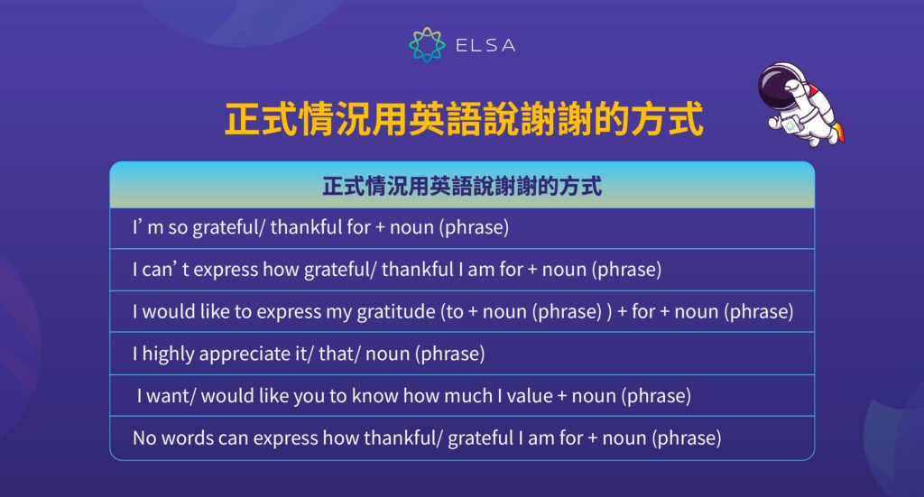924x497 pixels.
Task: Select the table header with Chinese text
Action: click(462, 187)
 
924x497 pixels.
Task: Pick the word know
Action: click(377, 396)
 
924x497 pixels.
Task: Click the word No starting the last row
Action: click(144, 438)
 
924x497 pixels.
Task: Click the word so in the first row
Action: click(178, 228)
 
